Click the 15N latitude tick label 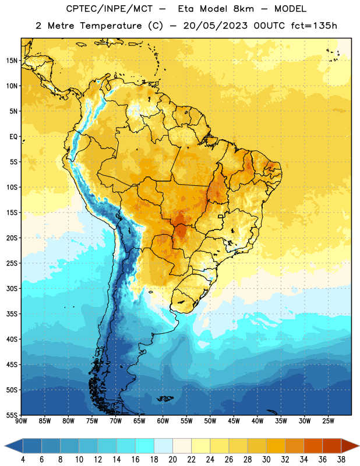coord(12,61)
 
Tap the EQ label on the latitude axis coord(13,137)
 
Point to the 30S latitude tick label coord(12,288)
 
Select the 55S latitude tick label coord(12,415)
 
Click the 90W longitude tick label coord(21,421)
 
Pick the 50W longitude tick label coord(210,421)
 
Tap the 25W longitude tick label coord(328,421)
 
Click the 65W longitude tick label coord(139,421)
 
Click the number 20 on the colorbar coord(172,460)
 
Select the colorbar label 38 coord(341,460)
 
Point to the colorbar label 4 coord(23,460)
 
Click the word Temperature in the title coord(111,26)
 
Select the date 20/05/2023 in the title coord(215,26)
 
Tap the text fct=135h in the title coord(314,26)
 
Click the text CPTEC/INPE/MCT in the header coord(109,9)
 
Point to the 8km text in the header coord(243,9)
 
